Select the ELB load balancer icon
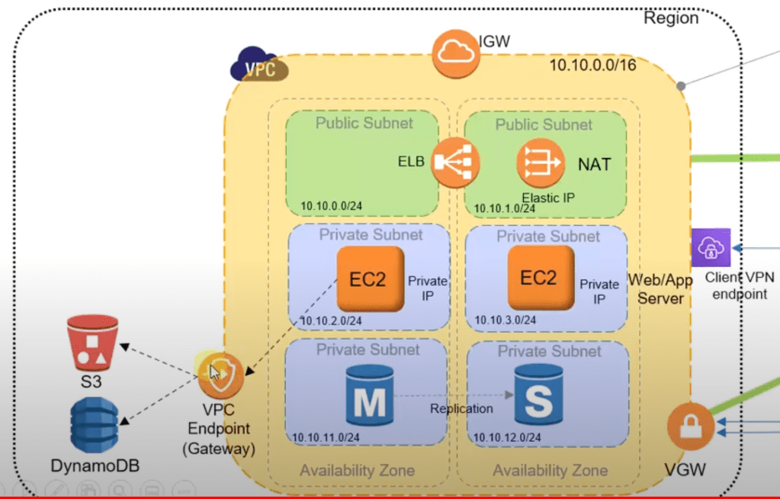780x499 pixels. click(455, 162)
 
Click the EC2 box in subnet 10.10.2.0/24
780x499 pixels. click(369, 278)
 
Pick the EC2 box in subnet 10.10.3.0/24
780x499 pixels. click(539, 278)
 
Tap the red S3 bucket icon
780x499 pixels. click(91, 346)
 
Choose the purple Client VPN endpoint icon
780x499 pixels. click(711, 247)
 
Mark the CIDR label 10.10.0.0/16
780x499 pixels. click(592, 66)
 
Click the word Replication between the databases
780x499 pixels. click(461, 408)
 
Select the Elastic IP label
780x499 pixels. click(547, 198)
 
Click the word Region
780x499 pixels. click(671, 18)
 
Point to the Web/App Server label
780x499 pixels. click(660, 288)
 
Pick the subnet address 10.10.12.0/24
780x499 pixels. click(507, 437)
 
